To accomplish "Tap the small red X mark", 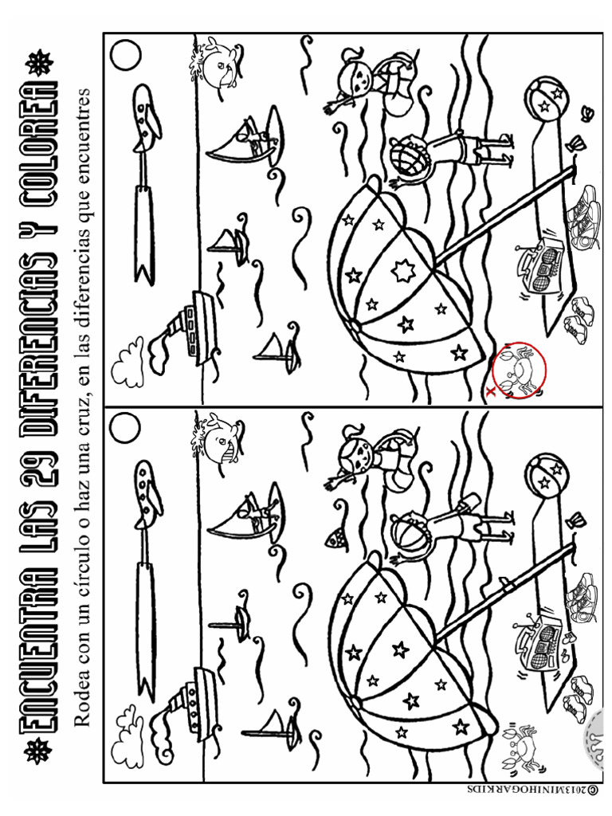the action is coord(488,392).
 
